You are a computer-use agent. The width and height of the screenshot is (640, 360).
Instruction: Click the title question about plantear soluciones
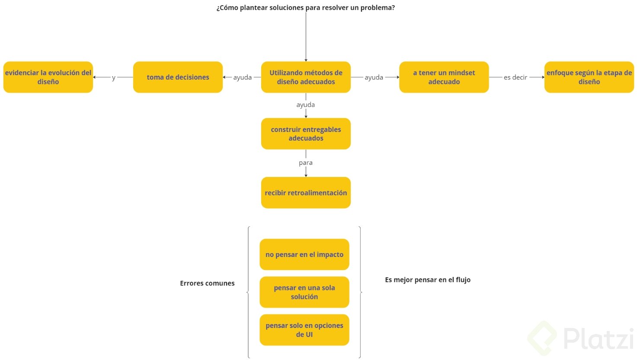(x=305, y=8)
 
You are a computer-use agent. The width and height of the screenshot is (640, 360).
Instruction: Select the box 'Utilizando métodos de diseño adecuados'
(x=306, y=77)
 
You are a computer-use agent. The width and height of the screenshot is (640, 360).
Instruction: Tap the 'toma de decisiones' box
(x=178, y=77)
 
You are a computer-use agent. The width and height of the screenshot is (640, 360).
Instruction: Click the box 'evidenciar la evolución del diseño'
(x=48, y=77)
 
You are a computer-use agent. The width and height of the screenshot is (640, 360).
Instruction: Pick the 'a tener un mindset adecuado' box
(x=444, y=77)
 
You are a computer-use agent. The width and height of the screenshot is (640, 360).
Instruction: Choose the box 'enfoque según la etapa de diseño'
(x=589, y=77)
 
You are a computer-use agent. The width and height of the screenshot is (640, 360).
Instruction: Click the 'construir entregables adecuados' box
(x=306, y=134)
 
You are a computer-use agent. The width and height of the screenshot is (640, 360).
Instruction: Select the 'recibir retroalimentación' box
(x=306, y=193)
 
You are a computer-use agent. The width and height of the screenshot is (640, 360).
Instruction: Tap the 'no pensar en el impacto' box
(x=304, y=254)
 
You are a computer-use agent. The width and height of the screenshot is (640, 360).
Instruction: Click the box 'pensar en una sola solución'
(x=304, y=292)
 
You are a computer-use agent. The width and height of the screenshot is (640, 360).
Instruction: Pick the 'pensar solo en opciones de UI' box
(x=304, y=330)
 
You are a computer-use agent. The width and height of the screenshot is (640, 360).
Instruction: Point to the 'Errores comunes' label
(x=207, y=283)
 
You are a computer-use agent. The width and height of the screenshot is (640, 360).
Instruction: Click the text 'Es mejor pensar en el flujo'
(x=428, y=280)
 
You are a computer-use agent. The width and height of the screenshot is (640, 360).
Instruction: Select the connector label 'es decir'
(x=515, y=77)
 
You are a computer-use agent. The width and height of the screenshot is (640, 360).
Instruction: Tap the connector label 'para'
(x=306, y=163)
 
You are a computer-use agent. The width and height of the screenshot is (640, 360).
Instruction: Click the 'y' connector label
(x=114, y=77)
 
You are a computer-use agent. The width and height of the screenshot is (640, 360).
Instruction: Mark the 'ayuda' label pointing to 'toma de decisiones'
(x=242, y=77)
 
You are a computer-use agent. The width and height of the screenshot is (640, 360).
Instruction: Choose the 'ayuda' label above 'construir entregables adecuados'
(x=306, y=105)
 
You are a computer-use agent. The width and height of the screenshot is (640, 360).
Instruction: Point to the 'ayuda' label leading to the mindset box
(x=374, y=77)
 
